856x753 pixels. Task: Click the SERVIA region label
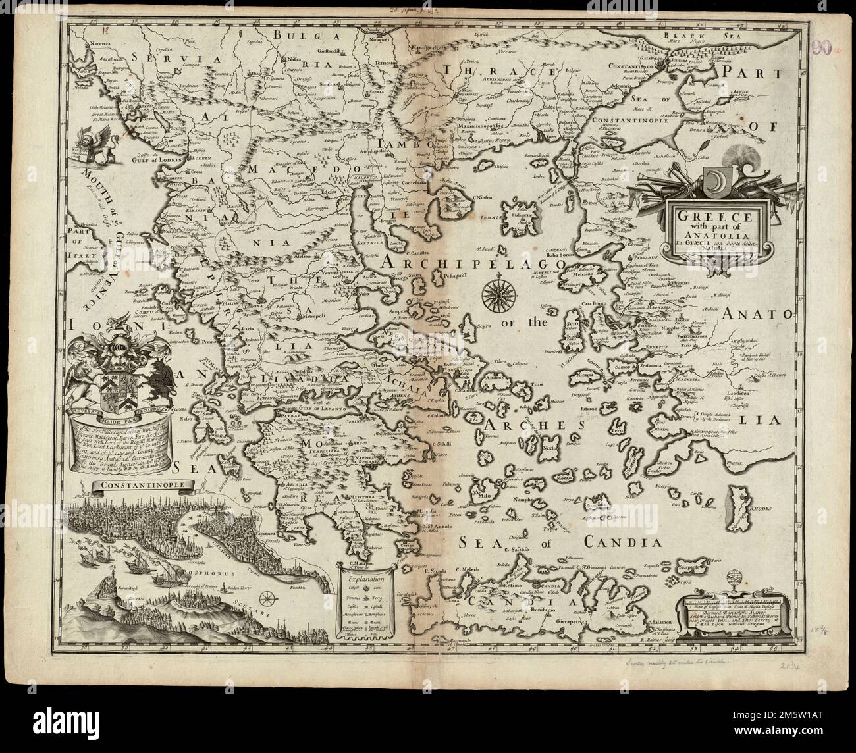click(x=158, y=57)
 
